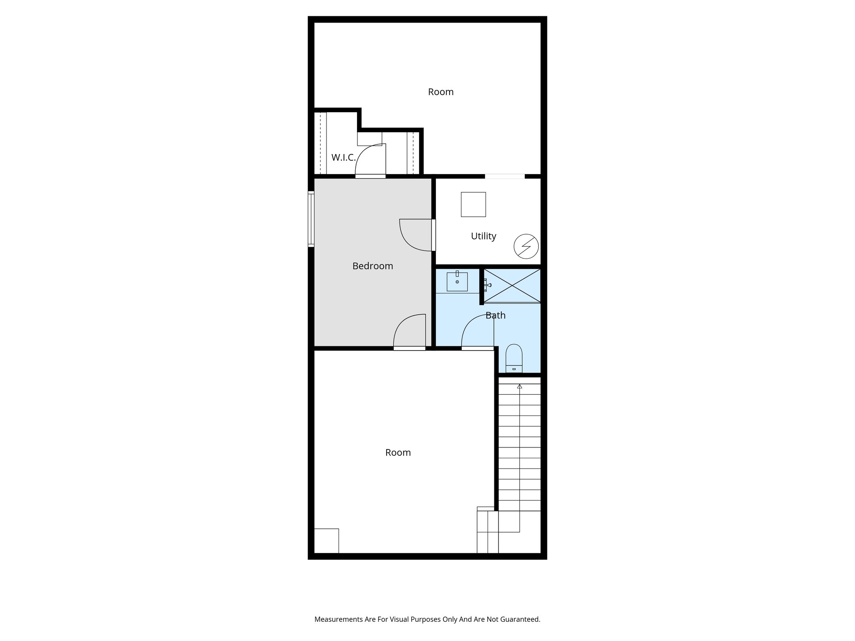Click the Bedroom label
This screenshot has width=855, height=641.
click(372, 266)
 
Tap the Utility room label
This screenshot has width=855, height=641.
click(483, 236)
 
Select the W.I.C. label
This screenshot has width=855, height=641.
click(343, 158)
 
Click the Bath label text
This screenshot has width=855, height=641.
click(496, 315)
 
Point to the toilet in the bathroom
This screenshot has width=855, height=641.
click(514, 358)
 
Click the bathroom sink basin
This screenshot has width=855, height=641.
click(457, 282)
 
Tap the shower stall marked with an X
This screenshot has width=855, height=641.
click(512, 285)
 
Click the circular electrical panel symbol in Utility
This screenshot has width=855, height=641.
click(526, 246)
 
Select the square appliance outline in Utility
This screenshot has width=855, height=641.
click(473, 204)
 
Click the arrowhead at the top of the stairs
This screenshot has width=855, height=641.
click(519, 386)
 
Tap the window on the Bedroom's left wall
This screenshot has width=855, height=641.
click(311, 219)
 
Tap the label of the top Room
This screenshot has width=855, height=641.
click(440, 92)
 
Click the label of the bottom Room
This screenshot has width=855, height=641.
click(398, 452)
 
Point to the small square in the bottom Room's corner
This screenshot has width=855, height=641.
click(326, 541)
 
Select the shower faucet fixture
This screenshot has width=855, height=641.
click(487, 285)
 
